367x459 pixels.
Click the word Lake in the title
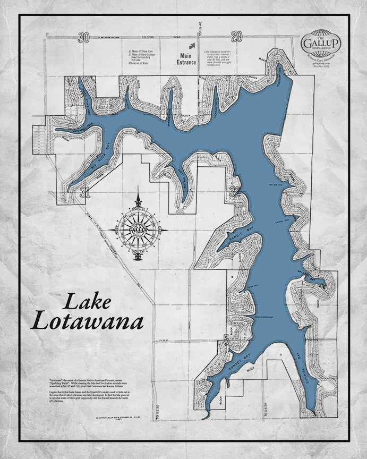(x=87, y=302)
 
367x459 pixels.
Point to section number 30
(x=82, y=37)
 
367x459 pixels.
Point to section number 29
(x=237, y=36)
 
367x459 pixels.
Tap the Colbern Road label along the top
(x=155, y=37)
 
